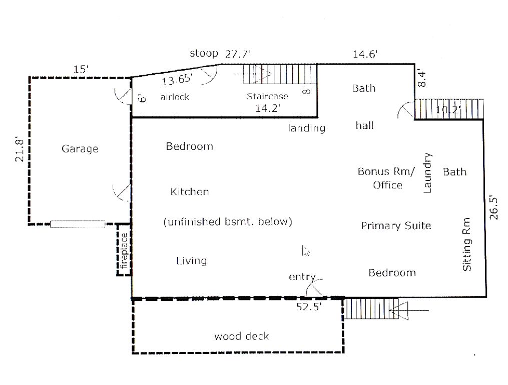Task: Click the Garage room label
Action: (x=80, y=149)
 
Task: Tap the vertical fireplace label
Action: (x=124, y=251)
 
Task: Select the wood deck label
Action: (x=242, y=336)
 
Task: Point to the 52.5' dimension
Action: (x=309, y=306)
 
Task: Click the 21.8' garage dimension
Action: (x=20, y=150)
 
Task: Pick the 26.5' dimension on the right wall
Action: (x=493, y=208)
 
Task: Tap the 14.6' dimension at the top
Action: (x=365, y=54)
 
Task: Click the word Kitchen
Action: (x=190, y=191)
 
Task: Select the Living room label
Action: (x=192, y=261)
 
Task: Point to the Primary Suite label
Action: (x=396, y=226)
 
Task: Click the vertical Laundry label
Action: (x=427, y=172)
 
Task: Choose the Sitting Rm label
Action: (x=466, y=244)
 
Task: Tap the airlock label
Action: (x=175, y=97)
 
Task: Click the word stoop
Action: (x=204, y=53)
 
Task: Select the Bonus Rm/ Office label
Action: (x=386, y=178)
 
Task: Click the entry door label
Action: (x=302, y=277)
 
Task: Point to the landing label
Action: (x=306, y=128)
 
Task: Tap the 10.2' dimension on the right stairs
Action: (x=448, y=110)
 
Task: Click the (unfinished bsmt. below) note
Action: (x=228, y=222)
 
